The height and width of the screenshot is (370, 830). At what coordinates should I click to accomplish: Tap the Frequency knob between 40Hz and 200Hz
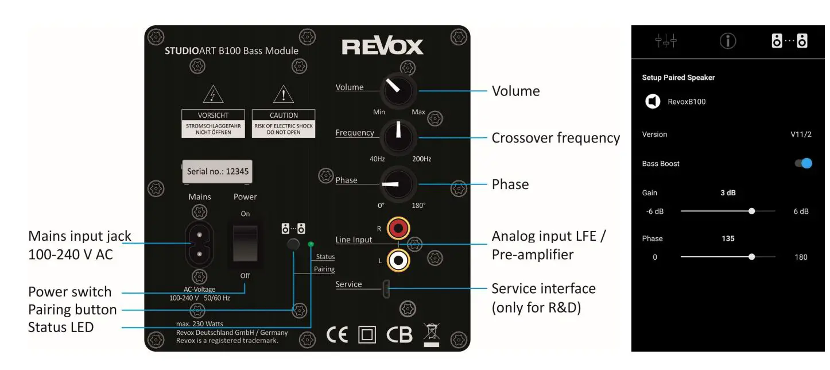398,137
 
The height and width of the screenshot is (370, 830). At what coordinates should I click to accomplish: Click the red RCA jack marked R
398,228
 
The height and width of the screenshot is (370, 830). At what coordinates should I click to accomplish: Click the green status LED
311,245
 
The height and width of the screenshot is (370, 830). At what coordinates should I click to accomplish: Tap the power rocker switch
245,244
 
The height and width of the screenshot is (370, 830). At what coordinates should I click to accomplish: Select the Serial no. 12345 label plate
217,171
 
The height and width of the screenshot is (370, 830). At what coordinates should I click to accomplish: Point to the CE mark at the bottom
337,335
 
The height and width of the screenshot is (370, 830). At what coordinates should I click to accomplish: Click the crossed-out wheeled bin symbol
431,334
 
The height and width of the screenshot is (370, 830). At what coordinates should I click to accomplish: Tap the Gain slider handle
752,211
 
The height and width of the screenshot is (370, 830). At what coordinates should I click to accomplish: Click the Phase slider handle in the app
752,257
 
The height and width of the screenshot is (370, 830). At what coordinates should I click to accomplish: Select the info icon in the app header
728,41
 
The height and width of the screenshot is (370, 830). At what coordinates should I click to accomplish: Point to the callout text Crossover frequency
556,138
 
